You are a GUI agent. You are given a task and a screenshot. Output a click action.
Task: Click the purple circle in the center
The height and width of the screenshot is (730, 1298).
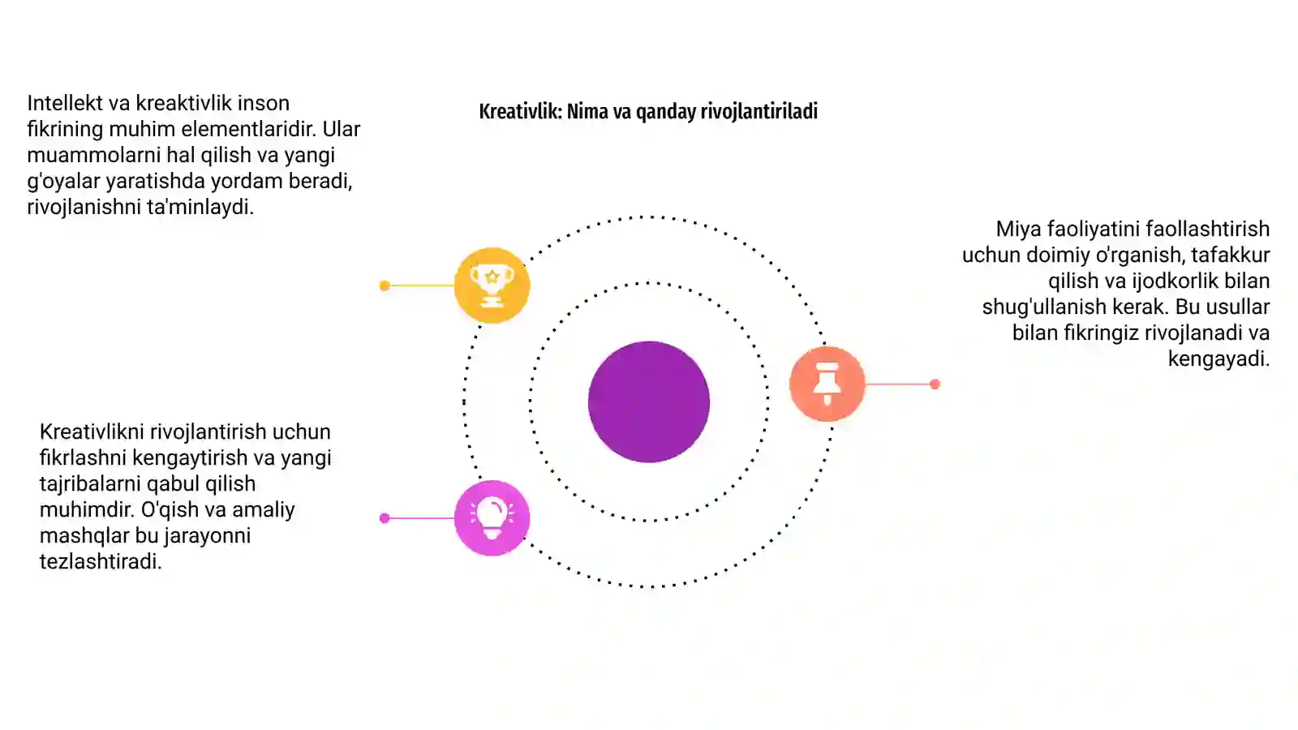pos(649,401)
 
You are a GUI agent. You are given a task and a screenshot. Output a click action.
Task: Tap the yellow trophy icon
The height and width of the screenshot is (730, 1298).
pos(492,285)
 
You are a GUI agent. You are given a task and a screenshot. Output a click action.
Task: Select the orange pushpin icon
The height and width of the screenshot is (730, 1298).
pos(827,384)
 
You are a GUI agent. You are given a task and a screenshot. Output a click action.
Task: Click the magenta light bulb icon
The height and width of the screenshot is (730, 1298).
pos(492,518)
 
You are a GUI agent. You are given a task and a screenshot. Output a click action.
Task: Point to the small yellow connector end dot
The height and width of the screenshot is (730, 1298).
pos(385,286)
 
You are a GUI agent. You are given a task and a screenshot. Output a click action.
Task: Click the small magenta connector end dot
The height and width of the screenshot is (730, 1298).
pos(385,518)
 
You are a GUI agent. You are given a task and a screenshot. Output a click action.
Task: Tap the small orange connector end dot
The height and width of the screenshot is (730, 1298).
pos(935,384)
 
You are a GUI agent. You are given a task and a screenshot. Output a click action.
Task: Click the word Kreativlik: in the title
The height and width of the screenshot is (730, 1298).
pos(520,111)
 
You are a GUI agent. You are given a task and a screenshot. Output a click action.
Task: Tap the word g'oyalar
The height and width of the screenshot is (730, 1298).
pos(64,182)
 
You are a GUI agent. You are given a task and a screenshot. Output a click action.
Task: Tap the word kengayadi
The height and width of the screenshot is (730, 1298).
pos(1218,359)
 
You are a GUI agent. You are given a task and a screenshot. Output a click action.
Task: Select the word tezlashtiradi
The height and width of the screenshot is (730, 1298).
pos(101,561)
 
